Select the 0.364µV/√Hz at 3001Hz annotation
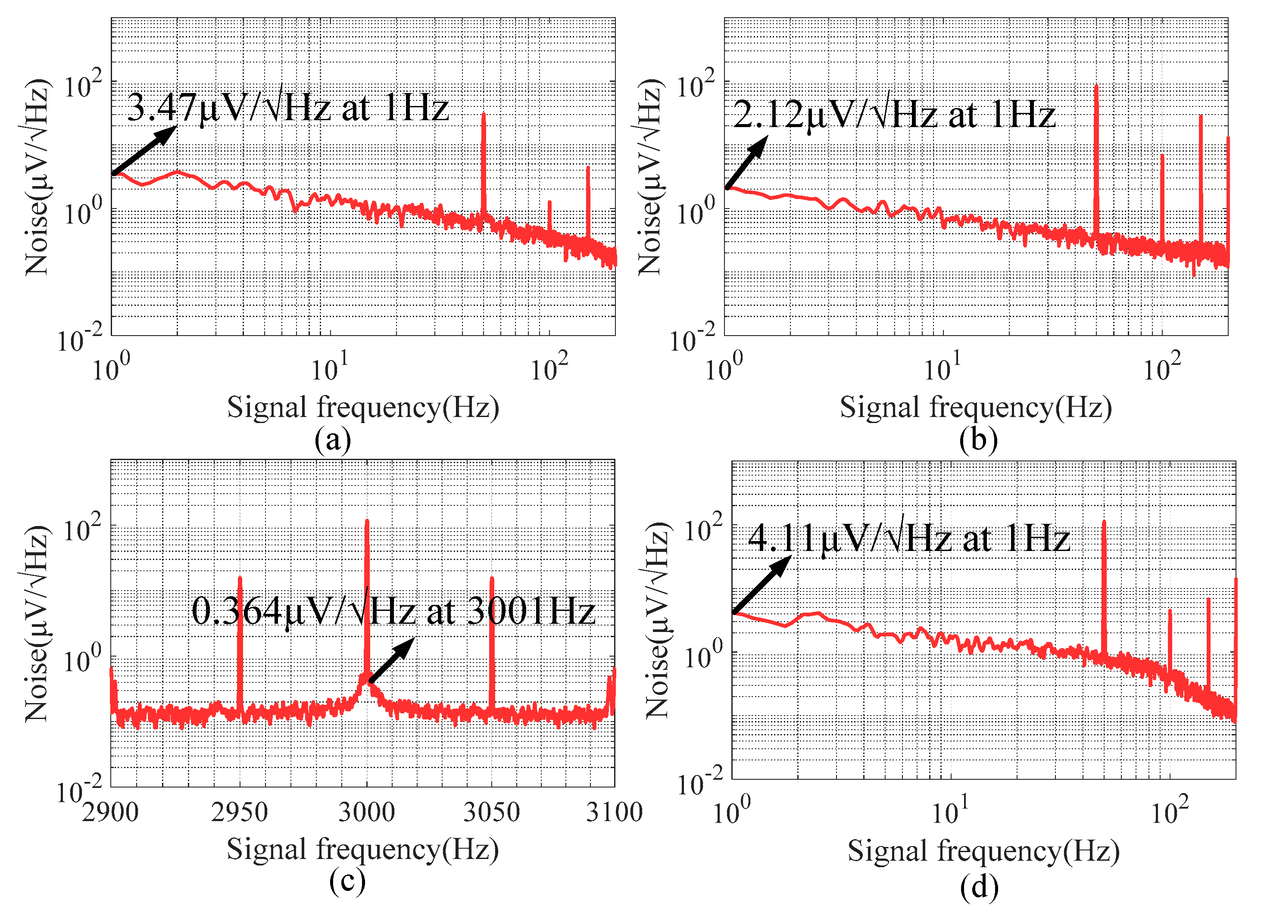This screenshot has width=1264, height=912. coord(393,611)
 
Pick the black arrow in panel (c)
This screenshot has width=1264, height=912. coord(392,660)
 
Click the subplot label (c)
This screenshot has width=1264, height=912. coord(347,881)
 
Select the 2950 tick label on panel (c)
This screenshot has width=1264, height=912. coord(239,812)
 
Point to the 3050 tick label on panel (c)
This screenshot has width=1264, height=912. coord(492,812)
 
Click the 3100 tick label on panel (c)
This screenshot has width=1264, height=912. coord(614,812)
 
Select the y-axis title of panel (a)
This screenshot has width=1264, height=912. coord(36,177)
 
